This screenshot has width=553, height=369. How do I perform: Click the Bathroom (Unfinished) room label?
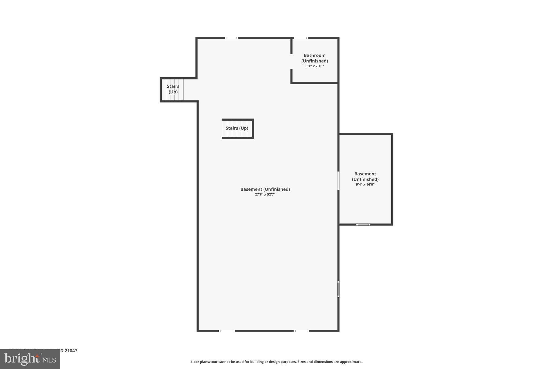click(315, 58)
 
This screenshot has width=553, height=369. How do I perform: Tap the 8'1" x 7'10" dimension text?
click(315, 66)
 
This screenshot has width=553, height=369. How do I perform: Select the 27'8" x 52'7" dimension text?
click(265, 194)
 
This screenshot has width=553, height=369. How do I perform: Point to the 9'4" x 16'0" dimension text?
click(365, 185)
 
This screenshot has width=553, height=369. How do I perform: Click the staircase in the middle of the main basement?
click(237, 128)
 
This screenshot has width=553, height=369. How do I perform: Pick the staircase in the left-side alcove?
click(173, 89)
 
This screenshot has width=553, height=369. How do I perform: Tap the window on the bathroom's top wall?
click(301, 38)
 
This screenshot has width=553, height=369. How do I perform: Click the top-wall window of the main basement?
click(232, 38)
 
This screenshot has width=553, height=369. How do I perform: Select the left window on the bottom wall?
click(227, 331)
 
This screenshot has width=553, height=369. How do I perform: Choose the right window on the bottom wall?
click(301, 331)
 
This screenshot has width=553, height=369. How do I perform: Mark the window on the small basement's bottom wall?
click(363, 224)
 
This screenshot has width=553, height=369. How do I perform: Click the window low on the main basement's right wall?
click(338, 289)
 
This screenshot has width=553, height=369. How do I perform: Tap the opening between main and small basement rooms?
click(338, 181)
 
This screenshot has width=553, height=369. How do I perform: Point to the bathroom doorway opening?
click(292, 62)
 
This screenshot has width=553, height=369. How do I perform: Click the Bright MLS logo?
click(30, 359)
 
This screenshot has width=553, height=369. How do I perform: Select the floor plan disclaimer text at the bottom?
click(276, 362)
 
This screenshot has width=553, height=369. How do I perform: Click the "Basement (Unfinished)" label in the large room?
click(265, 189)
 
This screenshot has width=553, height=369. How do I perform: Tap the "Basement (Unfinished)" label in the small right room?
click(365, 177)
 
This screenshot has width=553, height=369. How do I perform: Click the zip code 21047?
click(71, 351)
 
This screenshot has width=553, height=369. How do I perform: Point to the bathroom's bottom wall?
click(315, 83)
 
